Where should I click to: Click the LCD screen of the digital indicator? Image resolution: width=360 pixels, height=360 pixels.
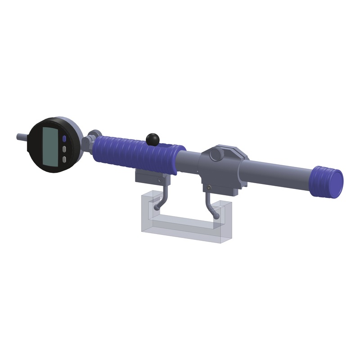49,145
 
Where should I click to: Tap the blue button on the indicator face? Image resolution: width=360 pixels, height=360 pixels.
65,139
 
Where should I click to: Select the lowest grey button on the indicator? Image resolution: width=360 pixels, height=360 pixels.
64,159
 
